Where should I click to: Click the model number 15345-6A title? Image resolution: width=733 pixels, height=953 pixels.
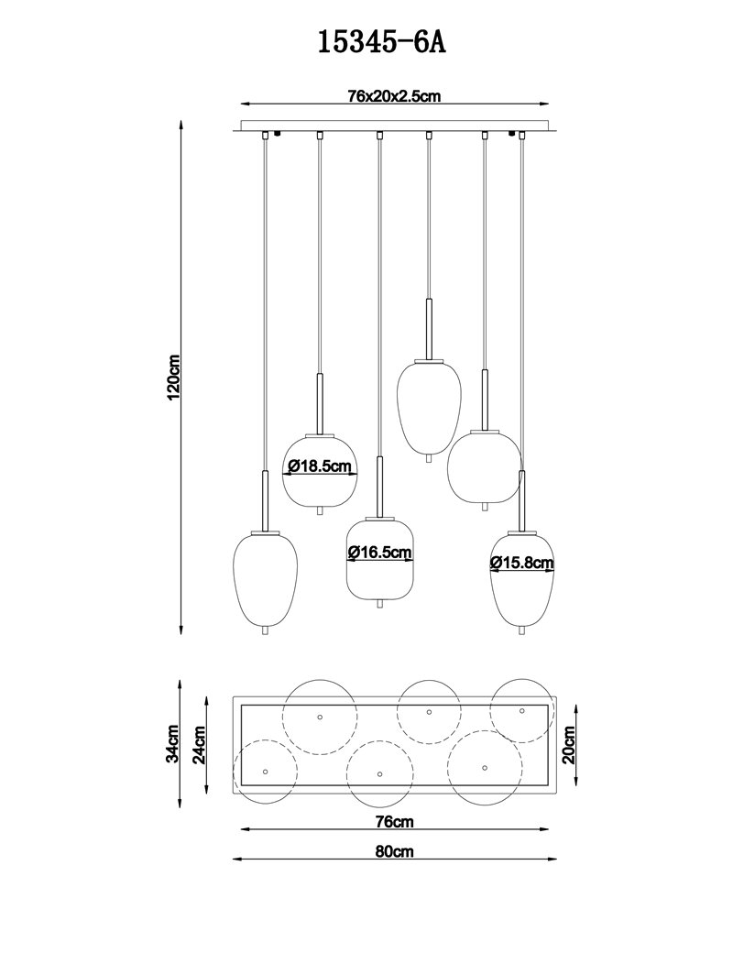click(382, 43)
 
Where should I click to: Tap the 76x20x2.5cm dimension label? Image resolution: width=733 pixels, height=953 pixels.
click(394, 96)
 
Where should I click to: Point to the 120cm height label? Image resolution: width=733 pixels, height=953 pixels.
click(173, 377)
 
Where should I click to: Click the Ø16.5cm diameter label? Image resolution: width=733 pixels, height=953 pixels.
click(380, 553)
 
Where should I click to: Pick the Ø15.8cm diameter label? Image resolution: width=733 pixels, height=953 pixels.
click(522, 563)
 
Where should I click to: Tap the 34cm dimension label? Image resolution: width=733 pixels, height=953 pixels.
click(173, 743)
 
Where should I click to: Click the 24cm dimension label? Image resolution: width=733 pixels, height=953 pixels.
click(200, 744)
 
